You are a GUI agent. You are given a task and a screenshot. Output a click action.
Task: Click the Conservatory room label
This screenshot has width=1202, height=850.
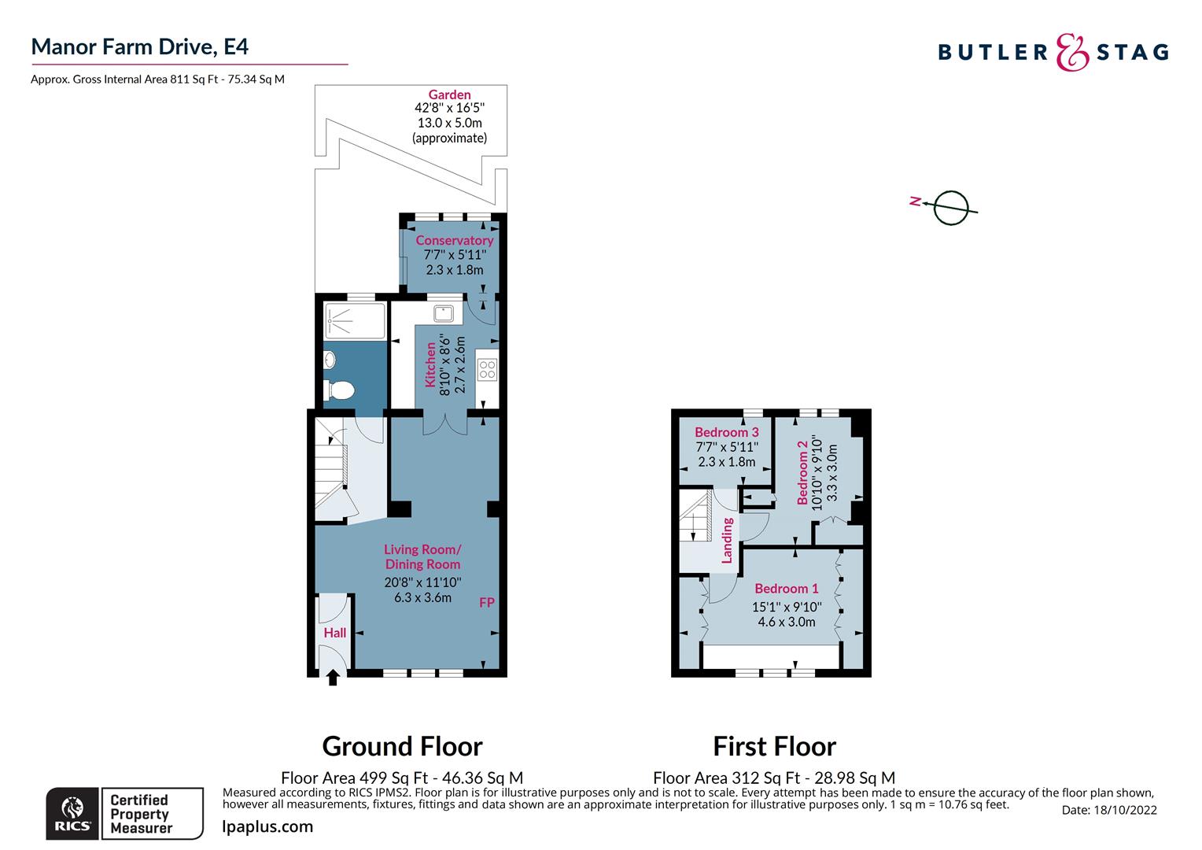point(454,240)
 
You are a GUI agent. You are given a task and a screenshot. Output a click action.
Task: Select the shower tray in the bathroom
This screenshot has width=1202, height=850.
point(355,320)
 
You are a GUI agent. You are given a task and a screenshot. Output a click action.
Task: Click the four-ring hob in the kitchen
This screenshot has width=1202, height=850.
point(487,369)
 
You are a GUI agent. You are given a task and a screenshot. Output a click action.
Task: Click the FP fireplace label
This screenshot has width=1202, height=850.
point(487,603)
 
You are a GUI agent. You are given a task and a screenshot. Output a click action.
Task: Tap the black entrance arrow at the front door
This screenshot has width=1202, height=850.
point(333,676)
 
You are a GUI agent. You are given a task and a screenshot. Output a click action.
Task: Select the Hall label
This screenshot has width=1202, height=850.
point(335,633)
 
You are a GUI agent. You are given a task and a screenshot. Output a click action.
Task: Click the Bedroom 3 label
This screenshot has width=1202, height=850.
point(726,432)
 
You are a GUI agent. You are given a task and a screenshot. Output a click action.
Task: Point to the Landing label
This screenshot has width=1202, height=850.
point(727,540)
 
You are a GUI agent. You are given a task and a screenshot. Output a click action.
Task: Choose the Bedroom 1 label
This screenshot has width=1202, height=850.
point(786,589)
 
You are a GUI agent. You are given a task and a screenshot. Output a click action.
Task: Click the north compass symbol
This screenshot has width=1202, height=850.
point(949,208)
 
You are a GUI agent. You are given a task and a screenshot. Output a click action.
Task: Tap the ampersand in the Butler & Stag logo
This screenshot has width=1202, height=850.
point(1071,53)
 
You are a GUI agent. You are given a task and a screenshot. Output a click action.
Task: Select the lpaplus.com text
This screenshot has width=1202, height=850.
point(267,826)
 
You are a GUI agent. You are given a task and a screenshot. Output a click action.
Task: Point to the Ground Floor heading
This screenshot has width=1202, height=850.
point(402,745)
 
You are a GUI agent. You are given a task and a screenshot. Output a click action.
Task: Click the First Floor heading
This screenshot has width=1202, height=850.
point(774,745)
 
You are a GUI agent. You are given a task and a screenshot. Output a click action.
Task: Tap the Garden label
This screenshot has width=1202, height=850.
point(449,95)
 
